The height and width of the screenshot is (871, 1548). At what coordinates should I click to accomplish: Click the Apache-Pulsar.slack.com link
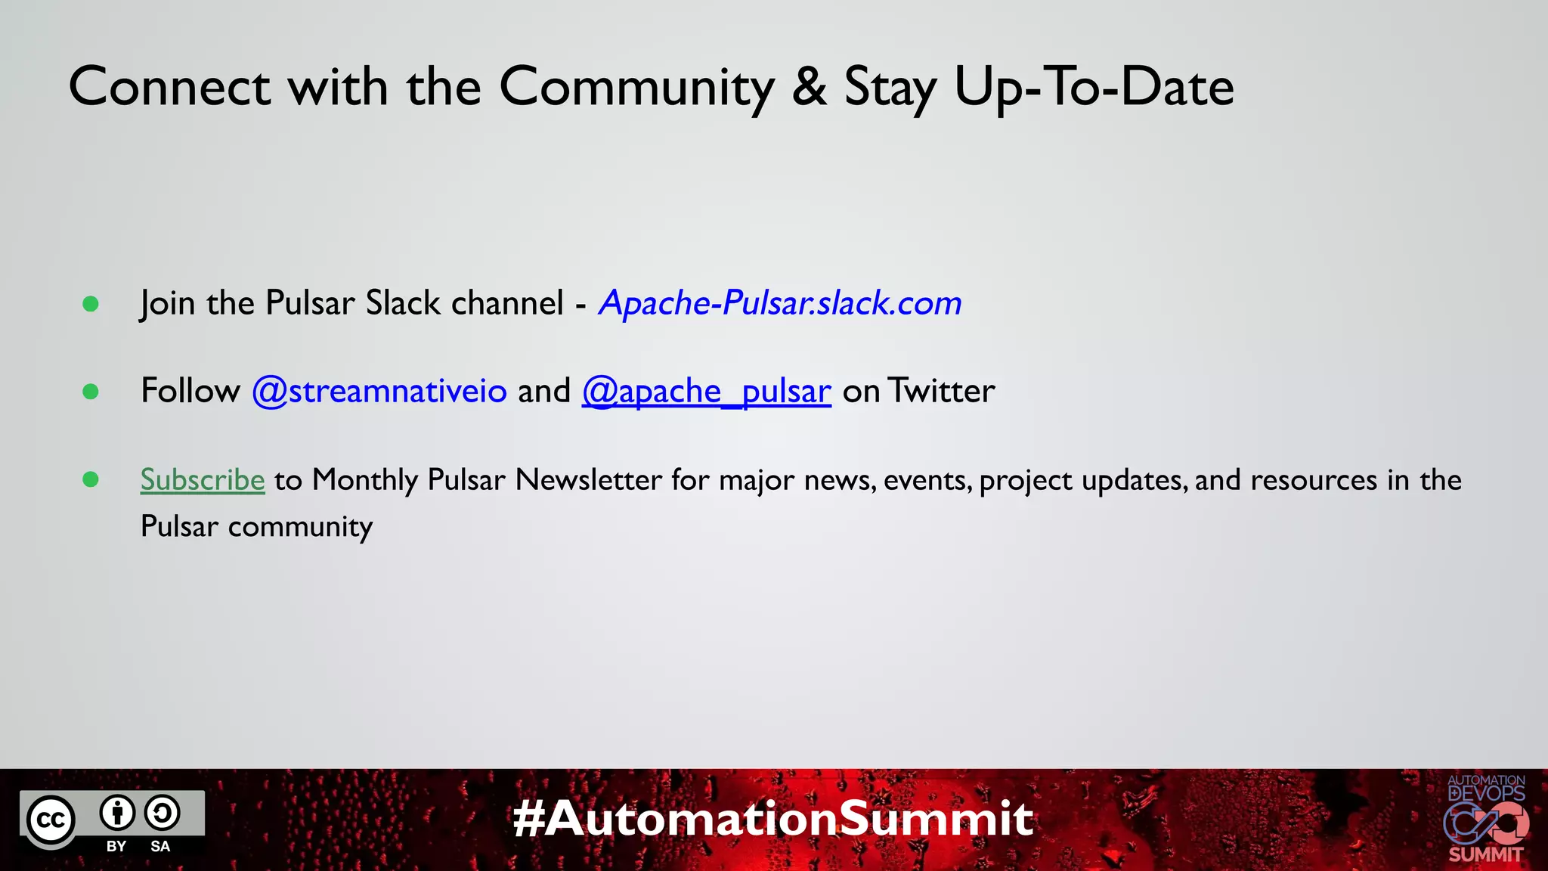pos(780,303)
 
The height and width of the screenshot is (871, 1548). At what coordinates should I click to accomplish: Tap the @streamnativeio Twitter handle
pos(379,391)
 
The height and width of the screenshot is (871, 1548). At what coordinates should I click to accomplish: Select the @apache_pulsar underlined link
pos(706,391)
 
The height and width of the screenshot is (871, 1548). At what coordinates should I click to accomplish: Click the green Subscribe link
pos(203,479)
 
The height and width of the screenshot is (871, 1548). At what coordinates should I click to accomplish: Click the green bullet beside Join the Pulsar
pos(91,304)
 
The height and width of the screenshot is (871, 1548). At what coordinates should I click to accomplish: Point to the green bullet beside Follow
pos(91,392)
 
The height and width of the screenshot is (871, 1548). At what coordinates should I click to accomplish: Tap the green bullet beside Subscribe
pos(91,479)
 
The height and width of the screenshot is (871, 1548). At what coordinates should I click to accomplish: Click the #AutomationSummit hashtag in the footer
pos(772,818)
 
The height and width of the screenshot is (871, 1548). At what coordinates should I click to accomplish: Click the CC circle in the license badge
pos(51,820)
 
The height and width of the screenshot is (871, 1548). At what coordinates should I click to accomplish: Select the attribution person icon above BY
pos(117,814)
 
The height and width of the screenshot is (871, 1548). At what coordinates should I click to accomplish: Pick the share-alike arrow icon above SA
pos(162,814)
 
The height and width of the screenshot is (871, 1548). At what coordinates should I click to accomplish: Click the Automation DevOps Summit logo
pos(1486,819)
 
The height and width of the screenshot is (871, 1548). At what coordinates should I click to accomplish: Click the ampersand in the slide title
pos(810,86)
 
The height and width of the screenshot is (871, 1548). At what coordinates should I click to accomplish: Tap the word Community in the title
pos(636,86)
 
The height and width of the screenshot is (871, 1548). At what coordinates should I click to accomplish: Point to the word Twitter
pos(941,391)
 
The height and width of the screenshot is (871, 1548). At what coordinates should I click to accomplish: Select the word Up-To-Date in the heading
pos(1094,86)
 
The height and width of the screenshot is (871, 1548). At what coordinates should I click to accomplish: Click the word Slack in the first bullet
pos(403,303)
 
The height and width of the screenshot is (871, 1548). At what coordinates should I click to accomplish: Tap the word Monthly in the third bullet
pos(365,479)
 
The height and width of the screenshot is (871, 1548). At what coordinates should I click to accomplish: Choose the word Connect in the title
pos(169,86)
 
